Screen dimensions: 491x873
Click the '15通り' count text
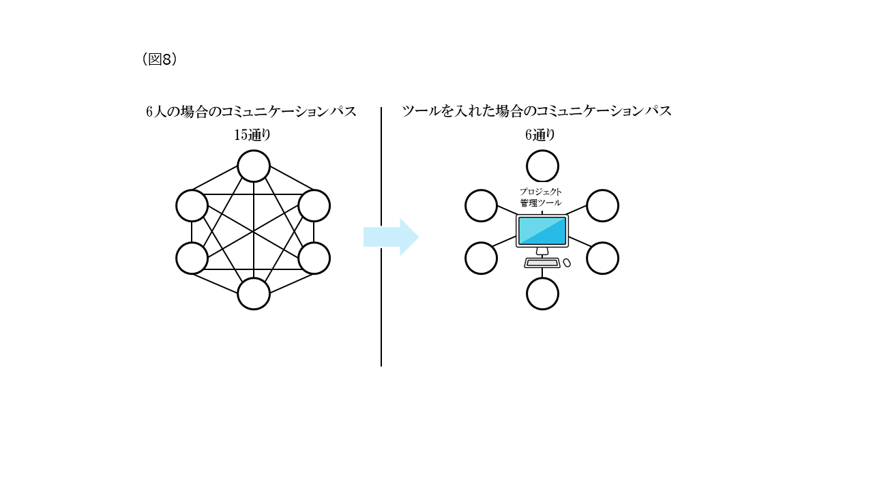[252, 135]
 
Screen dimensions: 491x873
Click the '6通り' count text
[539, 135]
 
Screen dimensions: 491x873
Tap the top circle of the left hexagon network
[254, 166]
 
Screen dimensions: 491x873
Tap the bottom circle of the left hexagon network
[254, 294]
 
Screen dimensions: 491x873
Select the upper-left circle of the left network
[192, 205]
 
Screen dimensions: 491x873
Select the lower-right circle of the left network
[314, 258]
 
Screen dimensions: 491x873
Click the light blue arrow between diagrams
[390, 237]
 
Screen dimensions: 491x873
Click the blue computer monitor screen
[542, 231]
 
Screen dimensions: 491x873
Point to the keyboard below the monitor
[542, 263]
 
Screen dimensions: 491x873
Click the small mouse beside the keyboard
[567, 263]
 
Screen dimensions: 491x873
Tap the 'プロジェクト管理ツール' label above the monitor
[541, 197]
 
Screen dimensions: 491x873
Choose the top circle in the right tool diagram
[542, 166]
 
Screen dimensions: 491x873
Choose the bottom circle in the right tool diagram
[542, 294]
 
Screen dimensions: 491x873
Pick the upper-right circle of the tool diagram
[602, 205]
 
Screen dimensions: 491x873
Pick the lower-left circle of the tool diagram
[482, 258]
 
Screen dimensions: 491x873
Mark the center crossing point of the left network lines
[254, 232]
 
